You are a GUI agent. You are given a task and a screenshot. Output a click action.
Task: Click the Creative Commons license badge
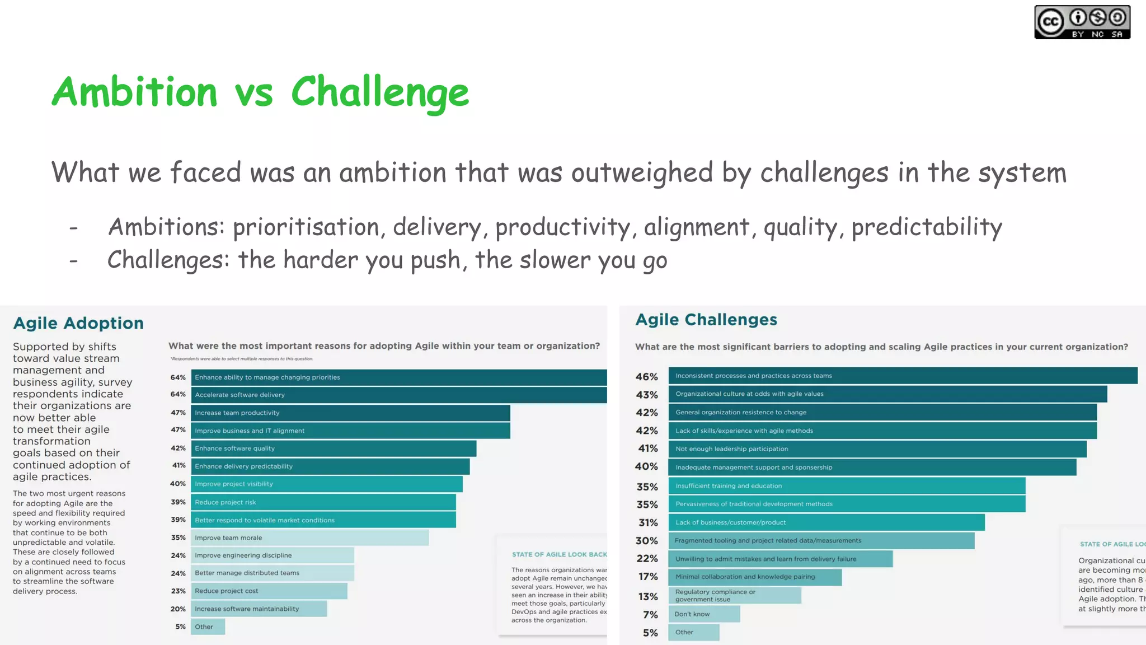click(1082, 22)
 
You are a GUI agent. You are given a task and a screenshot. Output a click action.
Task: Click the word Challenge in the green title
click(380, 92)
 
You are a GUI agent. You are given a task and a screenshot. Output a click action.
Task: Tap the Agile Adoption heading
click(78, 323)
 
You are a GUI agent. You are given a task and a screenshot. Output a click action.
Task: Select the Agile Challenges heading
click(706, 320)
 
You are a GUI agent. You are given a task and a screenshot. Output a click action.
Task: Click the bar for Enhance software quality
click(334, 448)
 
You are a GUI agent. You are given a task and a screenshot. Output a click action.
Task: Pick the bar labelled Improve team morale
click(309, 537)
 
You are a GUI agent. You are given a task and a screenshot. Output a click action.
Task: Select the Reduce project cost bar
click(269, 591)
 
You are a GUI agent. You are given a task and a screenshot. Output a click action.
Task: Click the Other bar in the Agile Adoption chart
click(208, 627)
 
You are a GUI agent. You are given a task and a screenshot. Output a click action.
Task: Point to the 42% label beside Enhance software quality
click(178, 448)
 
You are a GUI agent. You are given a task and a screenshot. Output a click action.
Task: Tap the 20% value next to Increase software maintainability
click(178, 609)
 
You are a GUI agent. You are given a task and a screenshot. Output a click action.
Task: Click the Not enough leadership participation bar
click(877, 449)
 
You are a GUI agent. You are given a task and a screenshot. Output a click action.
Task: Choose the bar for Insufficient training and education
click(847, 486)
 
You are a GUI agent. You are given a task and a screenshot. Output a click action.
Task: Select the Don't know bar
click(704, 614)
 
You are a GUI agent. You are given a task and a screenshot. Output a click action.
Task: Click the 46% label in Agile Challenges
click(646, 377)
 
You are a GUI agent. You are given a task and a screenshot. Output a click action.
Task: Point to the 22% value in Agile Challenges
click(647, 558)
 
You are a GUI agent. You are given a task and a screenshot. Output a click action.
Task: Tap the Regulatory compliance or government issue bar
click(734, 595)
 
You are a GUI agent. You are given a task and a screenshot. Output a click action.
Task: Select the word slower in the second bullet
click(555, 260)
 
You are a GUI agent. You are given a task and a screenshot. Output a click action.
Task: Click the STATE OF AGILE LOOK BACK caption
click(559, 554)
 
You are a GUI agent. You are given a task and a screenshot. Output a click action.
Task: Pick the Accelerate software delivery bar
click(398, 395)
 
